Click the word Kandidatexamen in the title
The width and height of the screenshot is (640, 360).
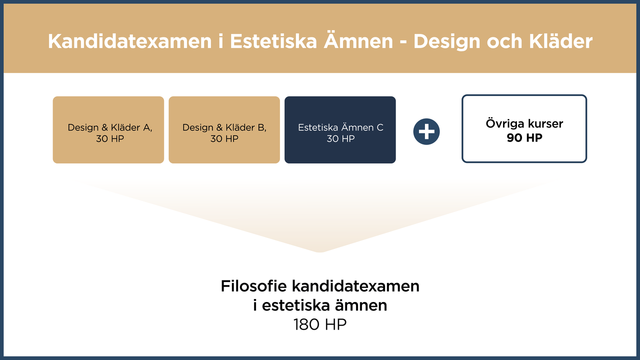point(129,41)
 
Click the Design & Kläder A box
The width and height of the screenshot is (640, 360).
point(108,130)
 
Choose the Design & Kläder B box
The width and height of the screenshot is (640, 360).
point(224,130)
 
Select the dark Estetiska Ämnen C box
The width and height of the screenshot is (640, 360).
point(340,130)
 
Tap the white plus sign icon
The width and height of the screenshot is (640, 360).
point(426,132)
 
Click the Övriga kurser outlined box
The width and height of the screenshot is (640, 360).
point(524,128)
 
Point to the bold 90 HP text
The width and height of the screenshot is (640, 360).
point(524,138)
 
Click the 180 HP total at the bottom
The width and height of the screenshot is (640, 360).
point(320,324)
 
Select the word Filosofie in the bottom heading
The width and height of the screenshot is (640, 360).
point(253,286)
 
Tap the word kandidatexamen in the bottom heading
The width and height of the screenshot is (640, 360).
point(355,286)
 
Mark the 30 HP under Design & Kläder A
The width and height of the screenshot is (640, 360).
point(110,138)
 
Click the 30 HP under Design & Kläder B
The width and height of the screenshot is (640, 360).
point(224,138)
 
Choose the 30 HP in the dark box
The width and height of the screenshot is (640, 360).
point(340,138)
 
